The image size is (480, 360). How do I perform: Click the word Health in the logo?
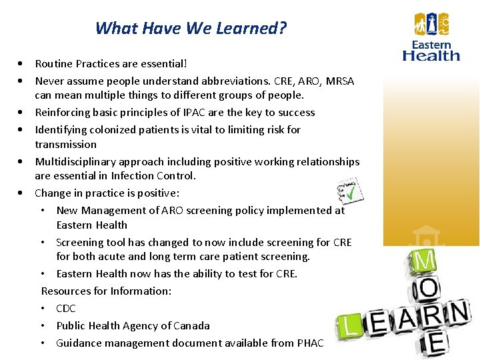(x=431, y=56)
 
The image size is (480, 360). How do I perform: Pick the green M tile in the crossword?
(x=425, y=259)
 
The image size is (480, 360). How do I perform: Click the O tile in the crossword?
(x=428, y=287)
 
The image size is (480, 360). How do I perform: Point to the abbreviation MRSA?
(x=339, y=81)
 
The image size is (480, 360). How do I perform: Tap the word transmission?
(x=65, y=144)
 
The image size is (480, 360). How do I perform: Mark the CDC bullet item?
(x=66, y=308)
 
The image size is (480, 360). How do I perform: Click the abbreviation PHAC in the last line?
(x=309, y=343)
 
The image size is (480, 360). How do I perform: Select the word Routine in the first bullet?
(x=54, y=64)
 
